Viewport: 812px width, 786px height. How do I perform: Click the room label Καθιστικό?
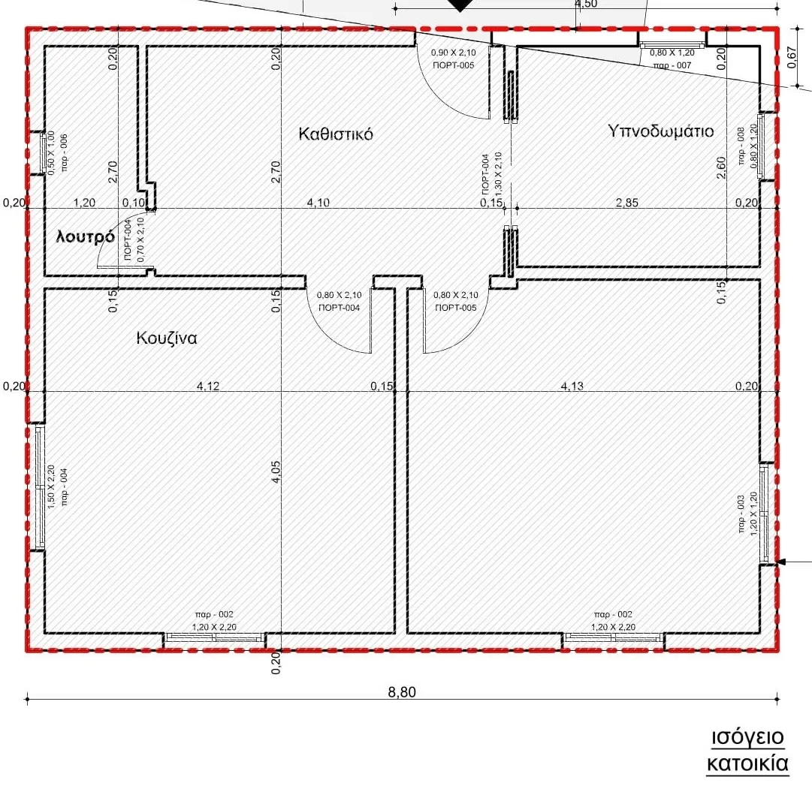(x=336, y=134)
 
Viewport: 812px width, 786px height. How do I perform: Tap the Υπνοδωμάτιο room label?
(x=661, y=131)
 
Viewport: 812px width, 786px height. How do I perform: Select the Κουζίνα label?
(x=166, y=338)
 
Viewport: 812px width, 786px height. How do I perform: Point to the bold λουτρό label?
(x=86, y=237)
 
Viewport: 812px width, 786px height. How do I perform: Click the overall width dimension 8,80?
(x=402, y=692)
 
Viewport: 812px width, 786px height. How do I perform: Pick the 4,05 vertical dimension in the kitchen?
(x=276, y=472)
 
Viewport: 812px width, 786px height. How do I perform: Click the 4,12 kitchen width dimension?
(x=208, y=386)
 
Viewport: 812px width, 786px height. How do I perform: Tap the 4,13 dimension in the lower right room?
(x=572, y=386)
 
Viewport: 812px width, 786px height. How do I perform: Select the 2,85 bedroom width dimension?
(x=626, y=203)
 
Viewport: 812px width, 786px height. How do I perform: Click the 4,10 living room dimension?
(x=318, y=203)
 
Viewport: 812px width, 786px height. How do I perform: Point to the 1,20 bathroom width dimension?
(x=84, y=203)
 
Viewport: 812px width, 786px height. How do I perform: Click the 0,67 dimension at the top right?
(x=791, y=57)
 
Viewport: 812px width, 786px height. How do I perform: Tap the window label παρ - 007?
(x=672, y=65)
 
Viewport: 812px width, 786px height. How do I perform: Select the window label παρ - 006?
(x=64, y=152)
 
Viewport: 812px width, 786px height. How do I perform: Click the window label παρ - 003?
(x=741, y=513)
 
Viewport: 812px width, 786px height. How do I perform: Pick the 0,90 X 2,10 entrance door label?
(x=453, y=53)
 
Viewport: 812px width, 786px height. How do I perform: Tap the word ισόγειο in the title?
(x=748, y=737)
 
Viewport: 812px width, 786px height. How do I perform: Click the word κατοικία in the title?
(x=748, y=763)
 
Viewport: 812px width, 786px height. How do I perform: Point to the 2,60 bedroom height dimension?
(x=721, y=167)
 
